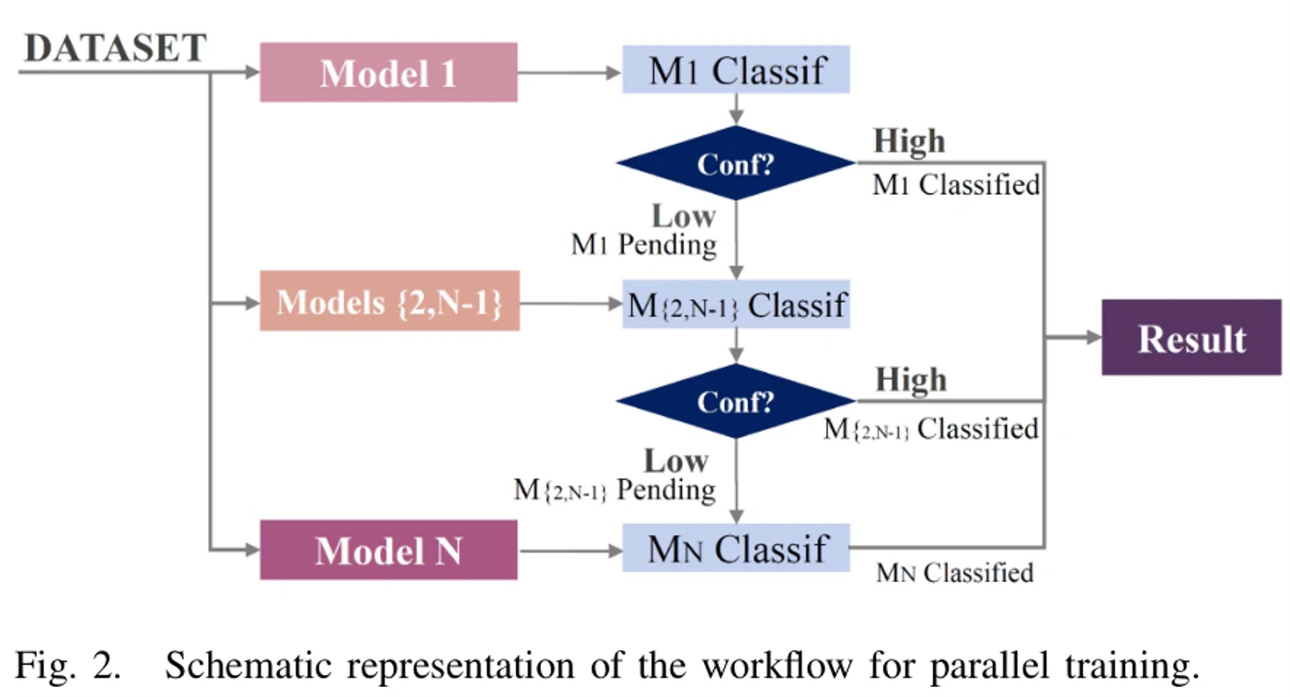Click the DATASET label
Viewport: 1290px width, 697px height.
115,48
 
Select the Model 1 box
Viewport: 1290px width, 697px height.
388,73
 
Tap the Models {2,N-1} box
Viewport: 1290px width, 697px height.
390,301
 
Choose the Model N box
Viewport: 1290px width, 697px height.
388,550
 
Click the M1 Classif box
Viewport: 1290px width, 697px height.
736,69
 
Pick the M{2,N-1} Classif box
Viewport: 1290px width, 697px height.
736,303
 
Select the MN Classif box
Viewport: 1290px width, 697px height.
736,547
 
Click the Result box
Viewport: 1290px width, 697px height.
1192,337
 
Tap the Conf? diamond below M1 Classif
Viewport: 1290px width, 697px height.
736,163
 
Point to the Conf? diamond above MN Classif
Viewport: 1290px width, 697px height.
736,401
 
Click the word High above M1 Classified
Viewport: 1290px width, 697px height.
909,141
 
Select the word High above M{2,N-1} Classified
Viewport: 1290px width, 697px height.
911,379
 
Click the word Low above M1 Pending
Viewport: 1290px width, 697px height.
684,216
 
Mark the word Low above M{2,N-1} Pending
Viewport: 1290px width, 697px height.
676,461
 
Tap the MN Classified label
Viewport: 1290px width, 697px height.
955,573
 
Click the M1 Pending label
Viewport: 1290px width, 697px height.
644,245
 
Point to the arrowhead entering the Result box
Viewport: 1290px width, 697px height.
1094,337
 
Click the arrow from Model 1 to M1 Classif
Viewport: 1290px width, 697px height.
570,73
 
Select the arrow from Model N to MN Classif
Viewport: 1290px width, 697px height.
570,551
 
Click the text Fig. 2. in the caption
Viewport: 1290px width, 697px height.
68,667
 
